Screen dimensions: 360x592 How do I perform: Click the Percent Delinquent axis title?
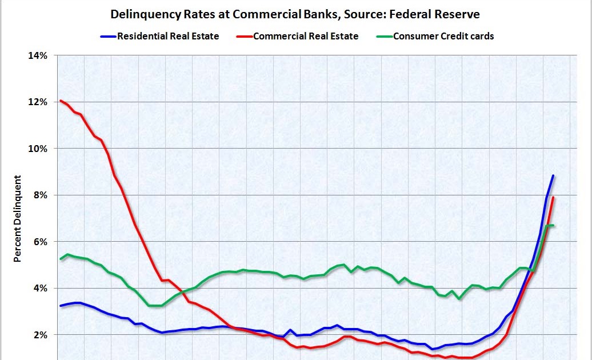[x=18, y=219]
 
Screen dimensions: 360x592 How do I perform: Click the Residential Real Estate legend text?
[x=168, y=36]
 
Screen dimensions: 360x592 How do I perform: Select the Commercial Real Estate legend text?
[x=306, y=36]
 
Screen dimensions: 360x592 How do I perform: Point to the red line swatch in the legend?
[x=242, y=37]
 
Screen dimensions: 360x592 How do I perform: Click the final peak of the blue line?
[x=553, y=176]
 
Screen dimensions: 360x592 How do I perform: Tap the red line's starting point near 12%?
[x=61, y=101]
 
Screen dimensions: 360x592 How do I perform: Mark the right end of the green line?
[x=553, y=226]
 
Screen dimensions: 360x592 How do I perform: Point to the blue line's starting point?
[x=61, y=306]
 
